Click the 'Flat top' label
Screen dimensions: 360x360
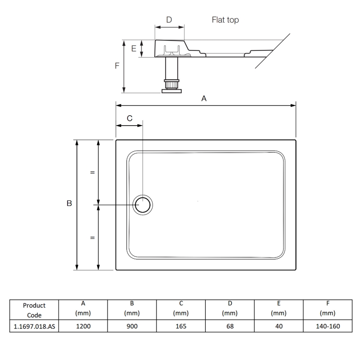pyautogui.click(x=225, y=20)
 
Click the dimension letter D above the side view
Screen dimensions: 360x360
pyautogui.click(x=169, y=19)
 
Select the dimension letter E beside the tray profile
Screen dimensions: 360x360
pyautogui.click(x=134, y=49)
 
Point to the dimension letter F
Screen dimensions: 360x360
pyautogui.click(x=117, y=65)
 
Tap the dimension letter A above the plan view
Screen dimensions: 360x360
pyautogui.click(x=204, y=99)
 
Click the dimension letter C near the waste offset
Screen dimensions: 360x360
pyautogui.click(x=130, y=118)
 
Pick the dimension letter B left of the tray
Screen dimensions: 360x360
pyautogui.click(x=69, y=203)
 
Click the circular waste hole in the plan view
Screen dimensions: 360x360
pyautogui.click(x=144, y=205)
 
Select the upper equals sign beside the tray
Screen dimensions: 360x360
pyautogui.click(x=92, y=172)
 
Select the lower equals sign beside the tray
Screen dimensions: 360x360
pyautogui.click(x=92, y=237)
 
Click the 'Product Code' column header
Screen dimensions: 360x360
pyautogui.click(x=34, y=310)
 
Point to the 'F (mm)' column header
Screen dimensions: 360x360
pyautogui.click(x=328, y=308)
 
